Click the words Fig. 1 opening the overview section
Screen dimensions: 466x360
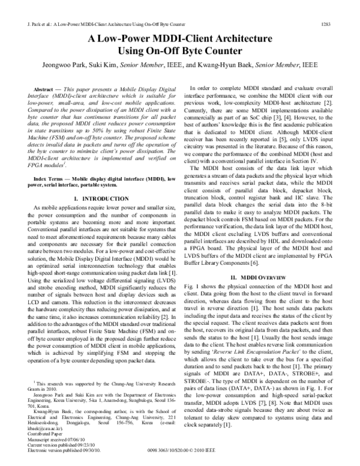(196, 273)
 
